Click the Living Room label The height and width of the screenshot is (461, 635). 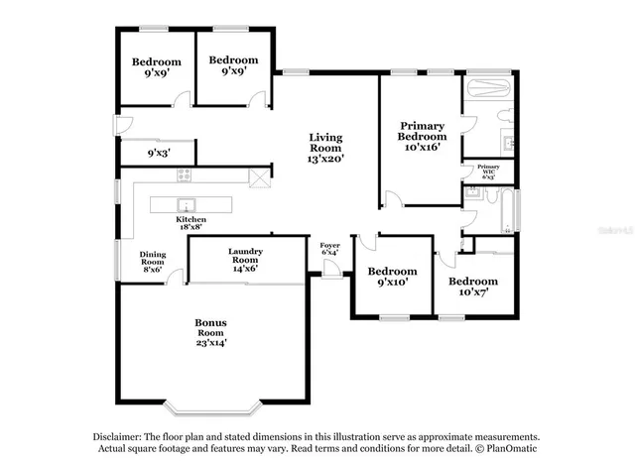(326, 148)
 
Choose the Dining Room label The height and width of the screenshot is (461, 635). (152, 260)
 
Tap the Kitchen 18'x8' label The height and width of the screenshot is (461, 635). (191, 223)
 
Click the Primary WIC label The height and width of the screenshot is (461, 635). (488, 172)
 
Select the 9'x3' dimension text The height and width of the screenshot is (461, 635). (158, 154)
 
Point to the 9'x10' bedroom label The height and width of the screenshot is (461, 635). (392, 277)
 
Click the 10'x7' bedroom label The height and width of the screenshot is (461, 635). (472, 286)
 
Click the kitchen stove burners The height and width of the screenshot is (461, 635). (184, 175)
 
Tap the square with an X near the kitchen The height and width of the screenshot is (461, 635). (260, 178)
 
